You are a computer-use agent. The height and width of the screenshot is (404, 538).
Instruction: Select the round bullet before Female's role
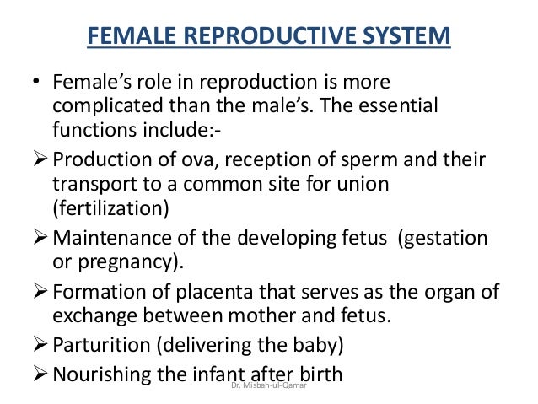tap(36, 84)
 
